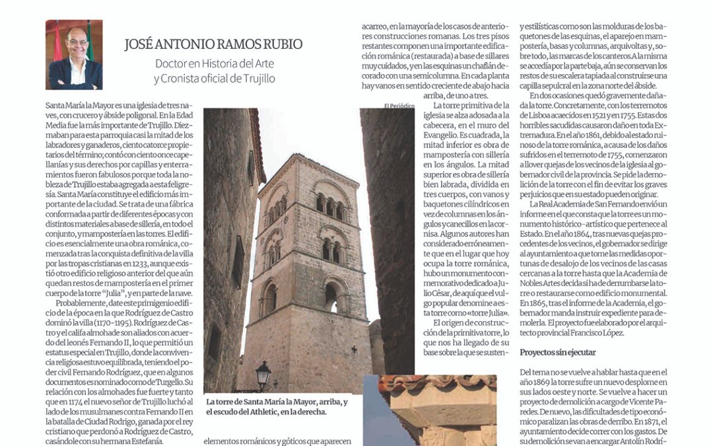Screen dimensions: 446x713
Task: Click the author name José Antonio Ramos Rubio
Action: click(x=214, y=45)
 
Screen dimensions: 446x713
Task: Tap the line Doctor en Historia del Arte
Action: click(x=215, y=65)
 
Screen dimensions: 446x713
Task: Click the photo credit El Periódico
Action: click(x=399, y=106)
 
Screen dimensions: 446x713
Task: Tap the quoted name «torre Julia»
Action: click(x=488, y=313)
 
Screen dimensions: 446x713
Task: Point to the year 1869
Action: click(x=544, y=383)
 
